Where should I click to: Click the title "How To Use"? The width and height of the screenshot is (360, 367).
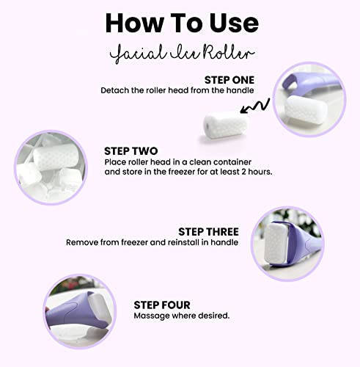tap(180, 21)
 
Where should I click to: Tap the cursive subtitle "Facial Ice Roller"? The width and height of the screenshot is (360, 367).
tap(180, 51)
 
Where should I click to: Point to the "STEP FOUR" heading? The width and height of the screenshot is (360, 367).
tap(162, 304)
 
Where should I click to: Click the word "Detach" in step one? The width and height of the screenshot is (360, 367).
tap(115, 90)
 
